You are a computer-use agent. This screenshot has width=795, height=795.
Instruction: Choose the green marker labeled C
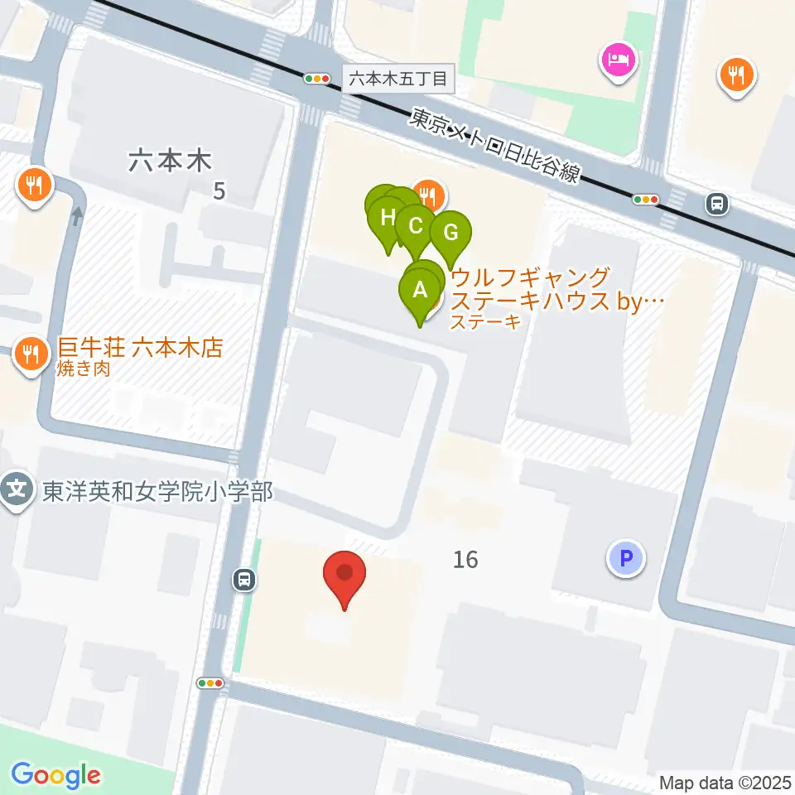416,226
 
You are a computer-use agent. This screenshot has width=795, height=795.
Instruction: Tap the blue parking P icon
626,558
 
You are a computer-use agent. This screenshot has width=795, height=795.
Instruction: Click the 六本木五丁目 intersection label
397,79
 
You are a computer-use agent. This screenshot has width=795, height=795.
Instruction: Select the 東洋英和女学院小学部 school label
157,493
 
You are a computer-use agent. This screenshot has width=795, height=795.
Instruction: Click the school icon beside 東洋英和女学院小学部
17,491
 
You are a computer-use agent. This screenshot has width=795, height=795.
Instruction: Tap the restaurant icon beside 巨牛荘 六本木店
31,355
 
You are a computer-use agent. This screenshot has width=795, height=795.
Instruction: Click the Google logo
56,774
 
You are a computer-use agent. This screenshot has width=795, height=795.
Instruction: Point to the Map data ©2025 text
725,782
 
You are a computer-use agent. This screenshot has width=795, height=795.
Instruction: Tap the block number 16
465,560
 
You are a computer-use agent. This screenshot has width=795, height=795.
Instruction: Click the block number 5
219,191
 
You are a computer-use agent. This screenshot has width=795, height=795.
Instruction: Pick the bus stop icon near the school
243,580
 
